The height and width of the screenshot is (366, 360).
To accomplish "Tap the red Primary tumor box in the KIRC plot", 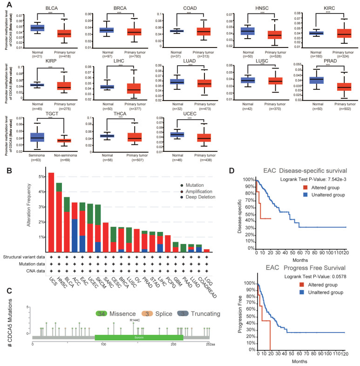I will point(331,33).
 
